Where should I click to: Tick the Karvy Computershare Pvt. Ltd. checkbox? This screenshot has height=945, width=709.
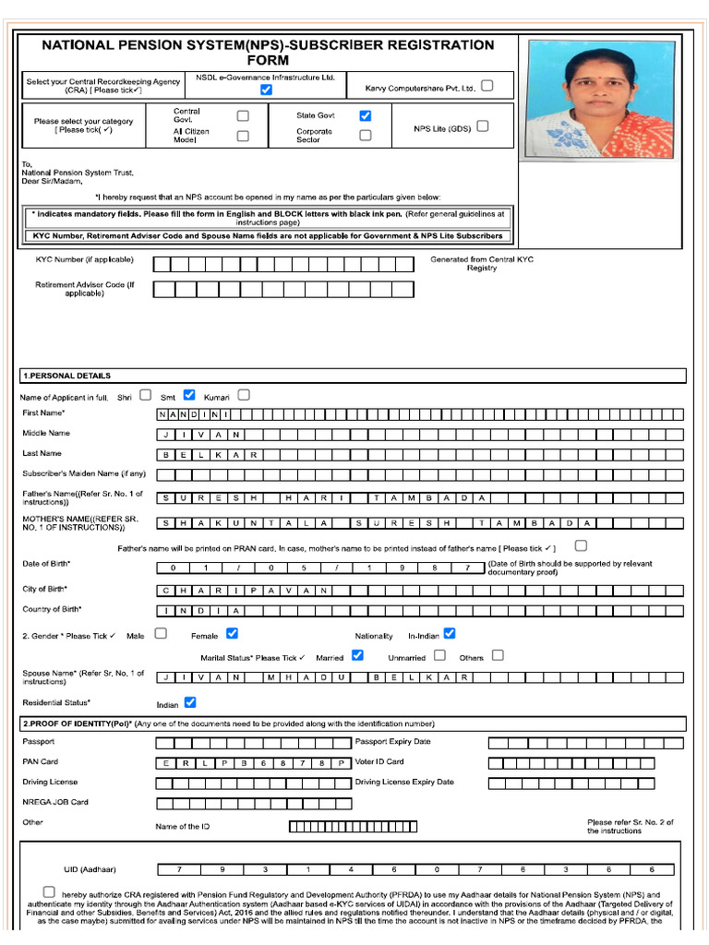pyautogui.click(x=487, y=86)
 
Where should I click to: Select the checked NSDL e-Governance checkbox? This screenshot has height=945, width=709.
pyautogui.click(x=266, y=90)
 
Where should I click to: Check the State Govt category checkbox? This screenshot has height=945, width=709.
pyautogui.click(x=366, y=115)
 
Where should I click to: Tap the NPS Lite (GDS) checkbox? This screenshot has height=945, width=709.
pyautogui.click(x=482, y=127)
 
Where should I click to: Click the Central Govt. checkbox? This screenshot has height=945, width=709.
pyautogui.click(x=243, y=115)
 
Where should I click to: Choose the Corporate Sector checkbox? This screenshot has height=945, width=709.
pyautogui.click(x=366, y=135)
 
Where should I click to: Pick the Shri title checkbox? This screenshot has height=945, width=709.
pyautogui.click(x=145, y=395)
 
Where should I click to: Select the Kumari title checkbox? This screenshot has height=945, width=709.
pyautogui.click(x=244, y=395)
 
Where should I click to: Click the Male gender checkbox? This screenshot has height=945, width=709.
pyautogui.click(x=161, y=633)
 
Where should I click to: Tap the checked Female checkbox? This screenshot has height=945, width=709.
pyautogui.click(x=232, y=633)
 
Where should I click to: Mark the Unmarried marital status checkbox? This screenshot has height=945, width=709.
pyautogui.click(x=439, y=655)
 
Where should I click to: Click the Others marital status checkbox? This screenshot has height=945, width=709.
pyautogui.click(x=498, y=655)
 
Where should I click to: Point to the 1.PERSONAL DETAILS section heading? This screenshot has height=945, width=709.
pyautogui.click(x=66, y=376)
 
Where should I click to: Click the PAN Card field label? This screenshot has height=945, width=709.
pyautogui.click(x=41, y=761)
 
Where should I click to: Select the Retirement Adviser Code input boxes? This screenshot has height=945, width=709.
pyautogui.click(x=282, y=290)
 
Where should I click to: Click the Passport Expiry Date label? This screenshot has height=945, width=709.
pyautogui.click(x=392, y=741)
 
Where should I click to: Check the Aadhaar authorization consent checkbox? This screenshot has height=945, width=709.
pyautogui.click(x=48, y=892)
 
